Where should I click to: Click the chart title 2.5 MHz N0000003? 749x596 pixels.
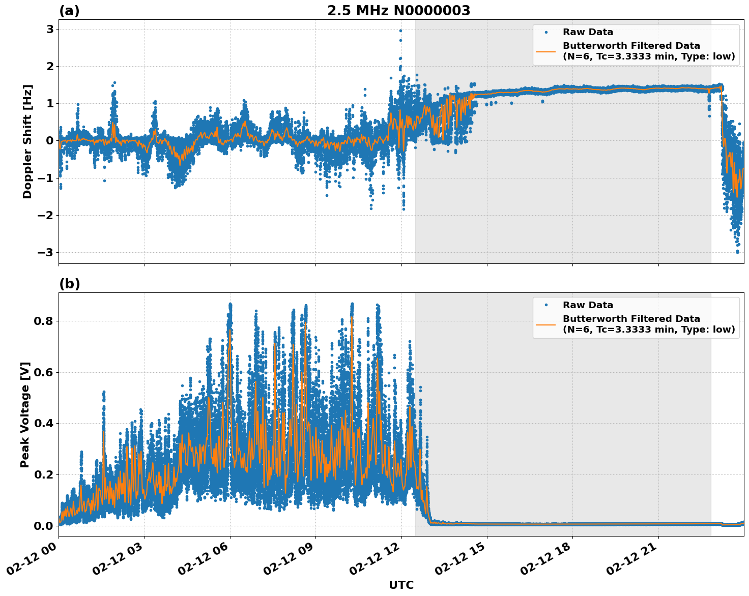[398, 11]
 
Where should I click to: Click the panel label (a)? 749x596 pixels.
[69, 11]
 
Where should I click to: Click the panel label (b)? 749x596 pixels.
[69, 284]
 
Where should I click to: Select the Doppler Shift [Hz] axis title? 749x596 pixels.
[27, 141]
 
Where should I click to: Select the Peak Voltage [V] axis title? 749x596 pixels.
[25, 414]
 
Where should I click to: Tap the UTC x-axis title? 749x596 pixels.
[401, 585]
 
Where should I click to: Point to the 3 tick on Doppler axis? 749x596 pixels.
[50, 29]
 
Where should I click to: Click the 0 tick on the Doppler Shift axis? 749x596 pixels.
[50, 141]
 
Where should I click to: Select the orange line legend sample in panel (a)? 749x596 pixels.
[546, 51]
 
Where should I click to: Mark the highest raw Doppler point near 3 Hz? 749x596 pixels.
[400, 31]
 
